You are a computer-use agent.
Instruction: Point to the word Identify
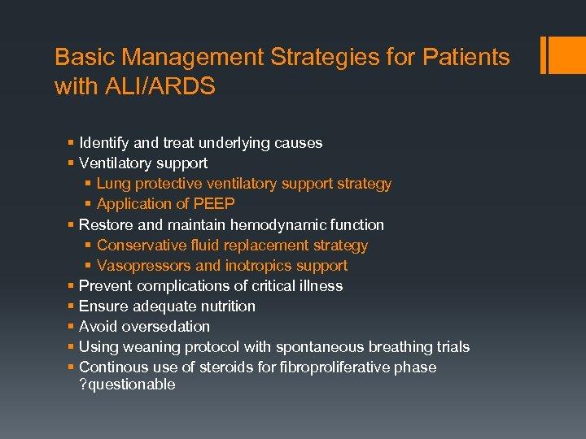pyautogui.click(x=103, y=143)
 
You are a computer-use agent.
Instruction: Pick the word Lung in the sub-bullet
pyautogui.click(x=112, y=184)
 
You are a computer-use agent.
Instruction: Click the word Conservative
pyautogui.click(x=138, y=245)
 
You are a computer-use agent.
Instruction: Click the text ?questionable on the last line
pyautogui.click(x=128, y=385)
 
